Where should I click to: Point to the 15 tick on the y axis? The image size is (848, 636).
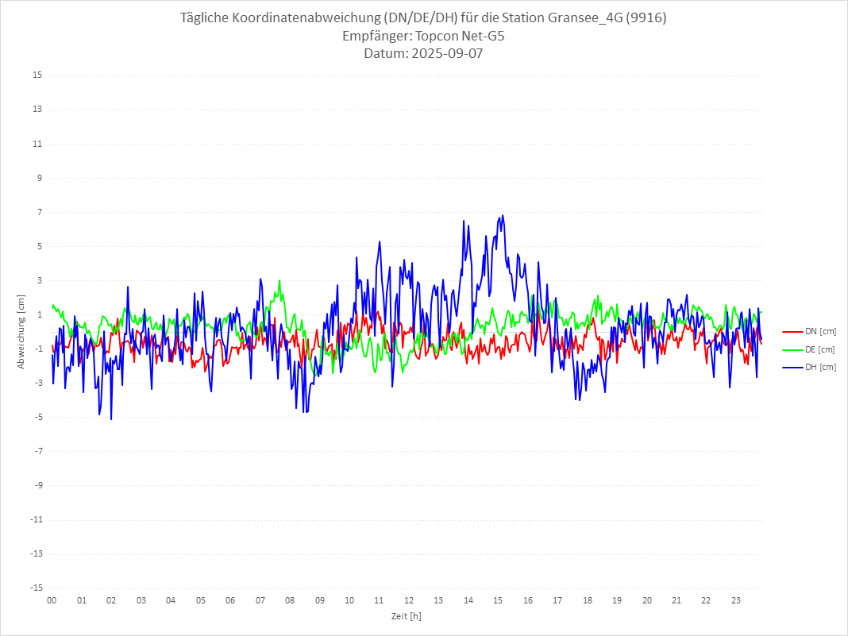pyautogui.click(x=37, y=75)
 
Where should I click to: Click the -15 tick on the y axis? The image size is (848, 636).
pyautogui.click(x=36, y=588)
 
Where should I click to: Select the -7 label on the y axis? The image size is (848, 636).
pyautogui.click(x=37, y=451)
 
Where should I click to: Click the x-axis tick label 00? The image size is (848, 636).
pyautogui.click(x=52, y=600)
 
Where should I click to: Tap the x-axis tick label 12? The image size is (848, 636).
pyautogui.click(x=409, y=600)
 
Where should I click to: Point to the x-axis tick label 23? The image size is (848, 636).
pyautogui.click(x=736, y=600)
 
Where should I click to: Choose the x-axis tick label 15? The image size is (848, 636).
pyautogui.click(x=498, y=600)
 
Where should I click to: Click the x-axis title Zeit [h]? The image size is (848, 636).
pyautogui.click(x=406, y=615)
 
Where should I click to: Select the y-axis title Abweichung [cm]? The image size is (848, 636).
pyautogui.click(x=21, y=331)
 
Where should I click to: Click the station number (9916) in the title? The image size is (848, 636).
pyautogui.click(x=645, y=17)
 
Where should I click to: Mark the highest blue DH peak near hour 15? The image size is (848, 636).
pyautogui.click(x=502, y=215)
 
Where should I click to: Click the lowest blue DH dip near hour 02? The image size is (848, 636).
pyautogui.click(x=111, y=418)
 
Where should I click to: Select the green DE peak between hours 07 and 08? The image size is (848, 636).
pyautogui.click(x=279, y=280)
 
